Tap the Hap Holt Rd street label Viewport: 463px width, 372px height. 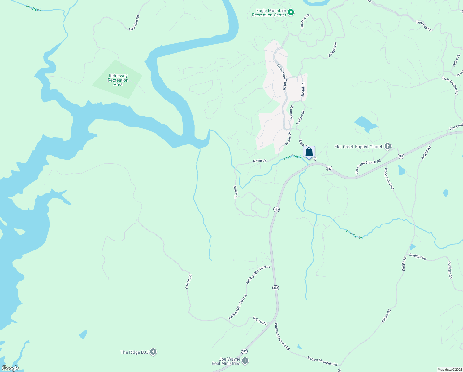coord(134,23)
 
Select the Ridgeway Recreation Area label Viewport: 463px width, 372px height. coord(118,80)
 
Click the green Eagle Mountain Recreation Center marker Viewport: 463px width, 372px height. coord(291,13)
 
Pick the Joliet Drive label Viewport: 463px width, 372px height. coord(332,50)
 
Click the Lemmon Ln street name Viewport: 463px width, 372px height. coord(424,26)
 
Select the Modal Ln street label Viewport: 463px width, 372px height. coord(303,89)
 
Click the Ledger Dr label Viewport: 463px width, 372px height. coord(301,117)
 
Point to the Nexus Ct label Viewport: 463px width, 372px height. coord(291,112)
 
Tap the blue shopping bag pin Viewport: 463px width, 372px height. coord(309,152)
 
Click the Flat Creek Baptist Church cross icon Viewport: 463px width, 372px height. coord(387,147)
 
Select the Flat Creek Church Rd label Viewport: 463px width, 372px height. coord(368,167)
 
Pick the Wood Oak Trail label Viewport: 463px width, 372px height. coord(389,179)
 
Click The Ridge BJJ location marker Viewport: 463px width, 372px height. coord(153,352)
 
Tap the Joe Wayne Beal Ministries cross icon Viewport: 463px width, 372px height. coord(245,361)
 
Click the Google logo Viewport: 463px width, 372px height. coord(10,368)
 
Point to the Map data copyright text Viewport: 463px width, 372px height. coord(449,370)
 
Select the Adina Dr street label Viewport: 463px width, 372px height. coord(456,60)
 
